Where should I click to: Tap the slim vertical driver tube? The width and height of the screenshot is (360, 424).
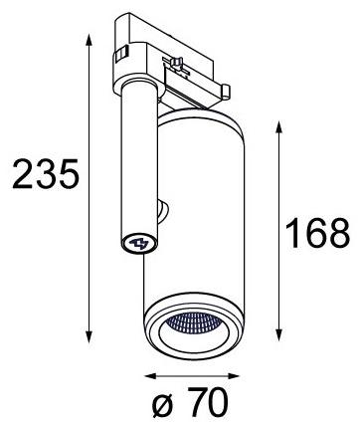coord(136,169)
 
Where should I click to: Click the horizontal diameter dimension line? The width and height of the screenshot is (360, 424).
coord(194,376)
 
